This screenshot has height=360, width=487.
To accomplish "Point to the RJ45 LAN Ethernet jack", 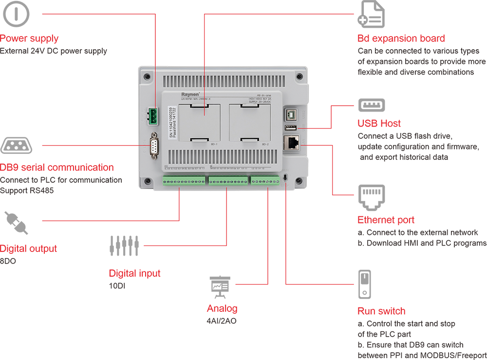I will point(291,143).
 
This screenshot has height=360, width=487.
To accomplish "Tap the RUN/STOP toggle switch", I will point(285,177).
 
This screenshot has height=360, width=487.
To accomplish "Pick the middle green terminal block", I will point(228,180).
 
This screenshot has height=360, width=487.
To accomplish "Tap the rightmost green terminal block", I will point(265,180).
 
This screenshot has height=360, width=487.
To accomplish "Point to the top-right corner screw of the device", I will point(300,77).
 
